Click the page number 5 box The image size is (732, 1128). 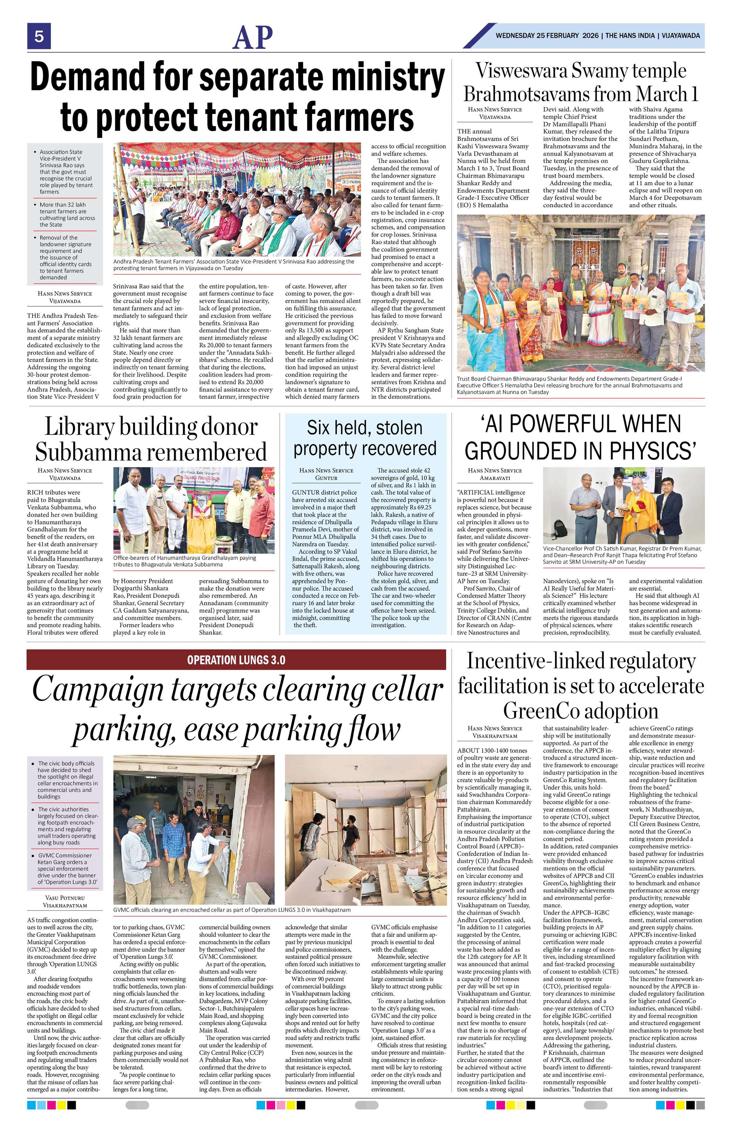[x=39, y=36]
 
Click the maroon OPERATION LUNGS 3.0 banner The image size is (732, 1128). [x=236, y=659]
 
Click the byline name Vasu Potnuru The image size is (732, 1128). [x=65, y=897]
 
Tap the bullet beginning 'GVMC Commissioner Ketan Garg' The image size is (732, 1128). [x=67, y=868]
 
